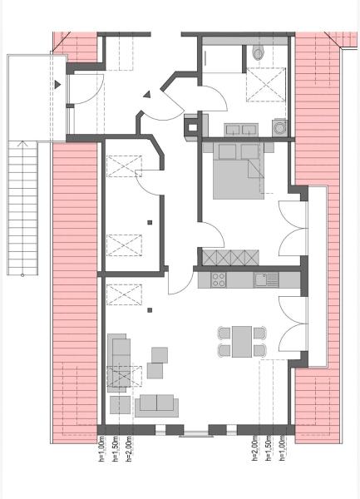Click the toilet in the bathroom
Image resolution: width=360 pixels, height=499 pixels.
point(259,53)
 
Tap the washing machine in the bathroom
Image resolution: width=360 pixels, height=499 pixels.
point(279,127)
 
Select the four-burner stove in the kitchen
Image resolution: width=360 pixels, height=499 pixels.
point(219,280)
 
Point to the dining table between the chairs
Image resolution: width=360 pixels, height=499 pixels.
point(242,342)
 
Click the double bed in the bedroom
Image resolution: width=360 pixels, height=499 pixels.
point(239,171)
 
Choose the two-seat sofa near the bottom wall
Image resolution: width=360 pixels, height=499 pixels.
point(156,406)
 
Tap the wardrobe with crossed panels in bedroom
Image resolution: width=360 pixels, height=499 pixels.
point(230,258)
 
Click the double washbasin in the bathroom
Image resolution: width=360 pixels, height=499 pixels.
point(241,131)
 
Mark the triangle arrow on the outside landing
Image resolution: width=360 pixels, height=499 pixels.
point(57,85)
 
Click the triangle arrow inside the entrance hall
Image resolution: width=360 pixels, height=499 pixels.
point(146,95)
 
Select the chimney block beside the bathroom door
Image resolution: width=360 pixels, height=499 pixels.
point(193,127)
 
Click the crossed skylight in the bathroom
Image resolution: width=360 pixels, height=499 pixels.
point(266,85)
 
